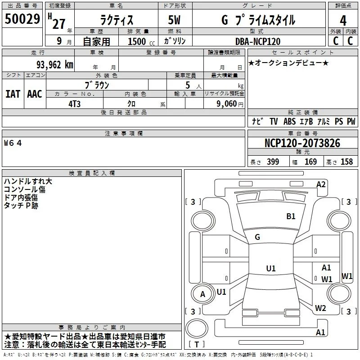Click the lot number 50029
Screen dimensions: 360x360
(x=22, y=19)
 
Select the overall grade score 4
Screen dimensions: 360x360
(x=343, y=20)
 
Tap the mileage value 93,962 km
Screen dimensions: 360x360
(x=54, y=65)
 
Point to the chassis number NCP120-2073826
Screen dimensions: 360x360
(x=302, y=143)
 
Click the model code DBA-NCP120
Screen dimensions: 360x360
(x=258, y=41)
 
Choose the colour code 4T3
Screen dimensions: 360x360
(x=74, y=104)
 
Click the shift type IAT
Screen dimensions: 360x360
(x=13, y=94)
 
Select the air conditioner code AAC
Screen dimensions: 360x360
(x=35, y=94)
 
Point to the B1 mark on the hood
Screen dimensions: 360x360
(x=291, y=216)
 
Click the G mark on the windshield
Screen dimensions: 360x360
(x=257, y=237)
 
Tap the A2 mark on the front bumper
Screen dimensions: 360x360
(x=321, y=184)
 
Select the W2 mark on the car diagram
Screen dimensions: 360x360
(x=320, y=308)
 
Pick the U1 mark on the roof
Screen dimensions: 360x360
(x=271, y=268)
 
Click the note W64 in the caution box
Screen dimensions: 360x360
(x=13, y=143)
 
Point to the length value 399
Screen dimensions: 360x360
(x=273, y=162)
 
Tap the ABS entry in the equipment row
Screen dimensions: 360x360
(x=289, y=121)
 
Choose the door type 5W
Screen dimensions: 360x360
(x=174, y=20)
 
